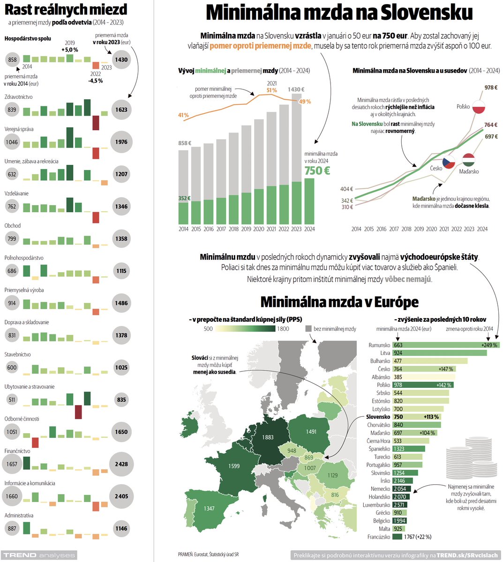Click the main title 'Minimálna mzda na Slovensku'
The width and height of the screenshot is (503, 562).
[x=339, y=13]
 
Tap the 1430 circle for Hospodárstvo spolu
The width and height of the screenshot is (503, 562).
[x=121, y=59]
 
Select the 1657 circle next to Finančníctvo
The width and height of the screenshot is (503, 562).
[x=12, y=464]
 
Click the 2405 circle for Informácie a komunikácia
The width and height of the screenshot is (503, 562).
[x=121, y=496]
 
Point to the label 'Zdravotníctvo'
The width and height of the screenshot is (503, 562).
[x=19, y=97]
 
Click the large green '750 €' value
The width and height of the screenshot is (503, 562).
[x=317, y=170]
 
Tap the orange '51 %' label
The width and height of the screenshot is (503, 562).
[x=271, y=90]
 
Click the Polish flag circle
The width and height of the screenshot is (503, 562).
[x=480, y=107]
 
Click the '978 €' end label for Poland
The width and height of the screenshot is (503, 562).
[x=490, y=88]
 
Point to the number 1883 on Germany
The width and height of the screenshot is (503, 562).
[x=268, y=437]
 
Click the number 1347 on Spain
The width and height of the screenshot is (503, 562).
[x=209, y=508]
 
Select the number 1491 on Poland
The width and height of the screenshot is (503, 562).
[x=311, y=431]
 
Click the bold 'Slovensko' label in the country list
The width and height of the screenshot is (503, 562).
[x=378, y=417]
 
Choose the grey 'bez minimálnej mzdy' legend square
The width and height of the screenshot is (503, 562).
[x=308, y=329]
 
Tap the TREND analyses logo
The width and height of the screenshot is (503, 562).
[x=38, y=555]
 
